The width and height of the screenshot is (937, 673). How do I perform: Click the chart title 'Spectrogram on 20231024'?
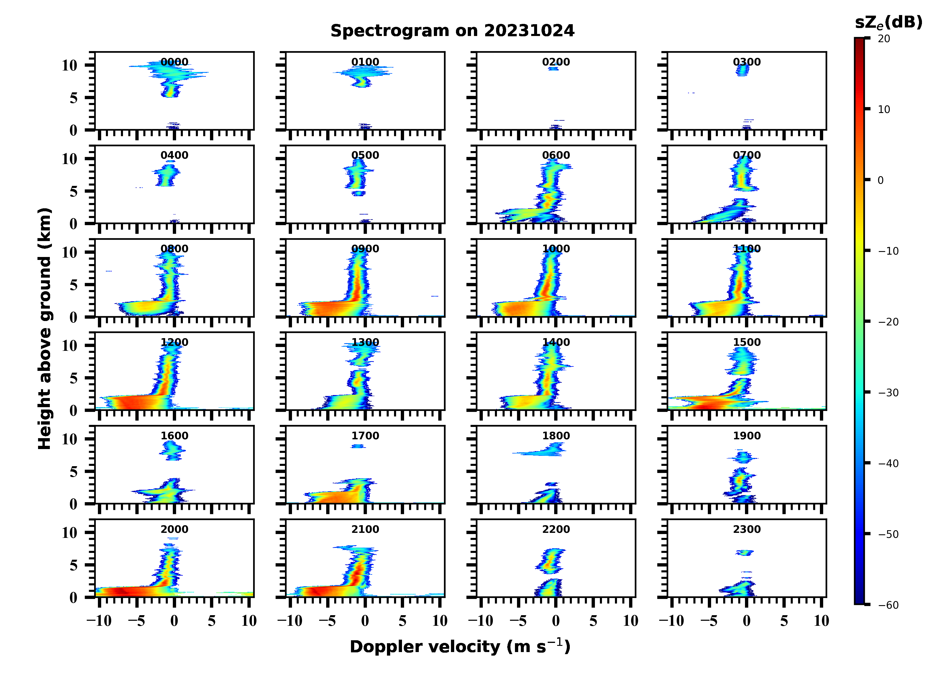pos(452,31)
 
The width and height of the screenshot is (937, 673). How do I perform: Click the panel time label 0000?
pos(174,62)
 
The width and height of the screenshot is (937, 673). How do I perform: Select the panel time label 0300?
pos(746,62)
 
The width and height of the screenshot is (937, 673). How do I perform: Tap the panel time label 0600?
pos(556,155)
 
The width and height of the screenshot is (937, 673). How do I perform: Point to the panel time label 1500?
pos(746,342)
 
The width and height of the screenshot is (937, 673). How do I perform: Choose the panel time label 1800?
pos(556,436)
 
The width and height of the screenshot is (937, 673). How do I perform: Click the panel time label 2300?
pos(746,529)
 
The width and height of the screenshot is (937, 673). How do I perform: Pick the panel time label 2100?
pos(365,529)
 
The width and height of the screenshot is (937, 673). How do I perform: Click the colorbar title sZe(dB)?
pos(888,23)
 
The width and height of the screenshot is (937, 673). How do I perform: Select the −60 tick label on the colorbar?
pos(888,605)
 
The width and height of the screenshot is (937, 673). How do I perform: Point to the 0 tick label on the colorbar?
pos(880,180)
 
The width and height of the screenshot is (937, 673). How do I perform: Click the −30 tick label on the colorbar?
pos(888,393)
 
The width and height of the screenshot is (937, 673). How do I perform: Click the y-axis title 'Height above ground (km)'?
pos(45,329)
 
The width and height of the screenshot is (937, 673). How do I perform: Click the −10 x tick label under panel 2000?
pos(99,621)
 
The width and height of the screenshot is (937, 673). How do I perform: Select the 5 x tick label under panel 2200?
pos(593,621)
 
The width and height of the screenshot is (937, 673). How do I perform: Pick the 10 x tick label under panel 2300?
pos(821,621)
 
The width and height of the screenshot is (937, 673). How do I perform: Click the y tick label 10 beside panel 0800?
pos(69,252)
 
